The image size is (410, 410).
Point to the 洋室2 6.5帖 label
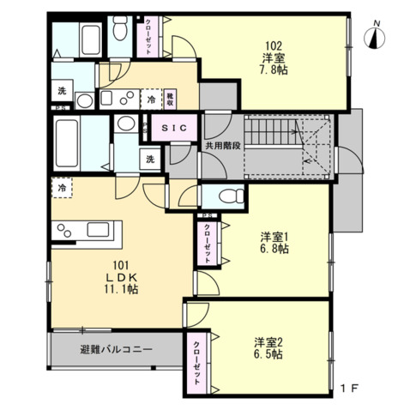pos(268,347)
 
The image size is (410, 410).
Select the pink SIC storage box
pos(176,129)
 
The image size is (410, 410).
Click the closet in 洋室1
pos(208,243)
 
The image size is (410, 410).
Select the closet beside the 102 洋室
pos(150,35)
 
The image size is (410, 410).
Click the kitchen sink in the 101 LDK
pos(68,230)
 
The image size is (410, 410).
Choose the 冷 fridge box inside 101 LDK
pos(62,186)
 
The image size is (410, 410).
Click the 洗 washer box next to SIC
pos(149,159)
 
